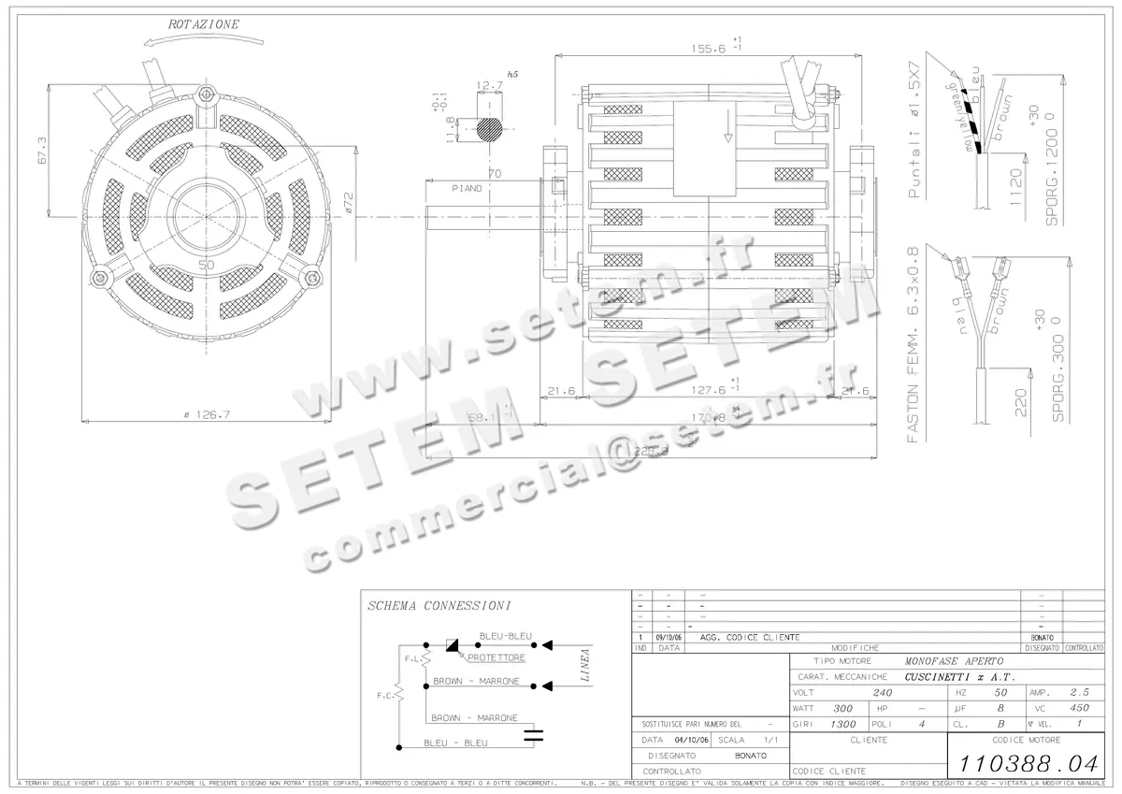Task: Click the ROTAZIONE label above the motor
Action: [204, 23]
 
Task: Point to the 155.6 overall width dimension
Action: [712, 49]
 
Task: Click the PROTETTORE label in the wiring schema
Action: [496, 657]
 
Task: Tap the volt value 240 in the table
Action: [882, 693]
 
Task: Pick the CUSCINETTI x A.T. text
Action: [961, 676]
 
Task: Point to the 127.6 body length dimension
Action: [710, 391]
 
